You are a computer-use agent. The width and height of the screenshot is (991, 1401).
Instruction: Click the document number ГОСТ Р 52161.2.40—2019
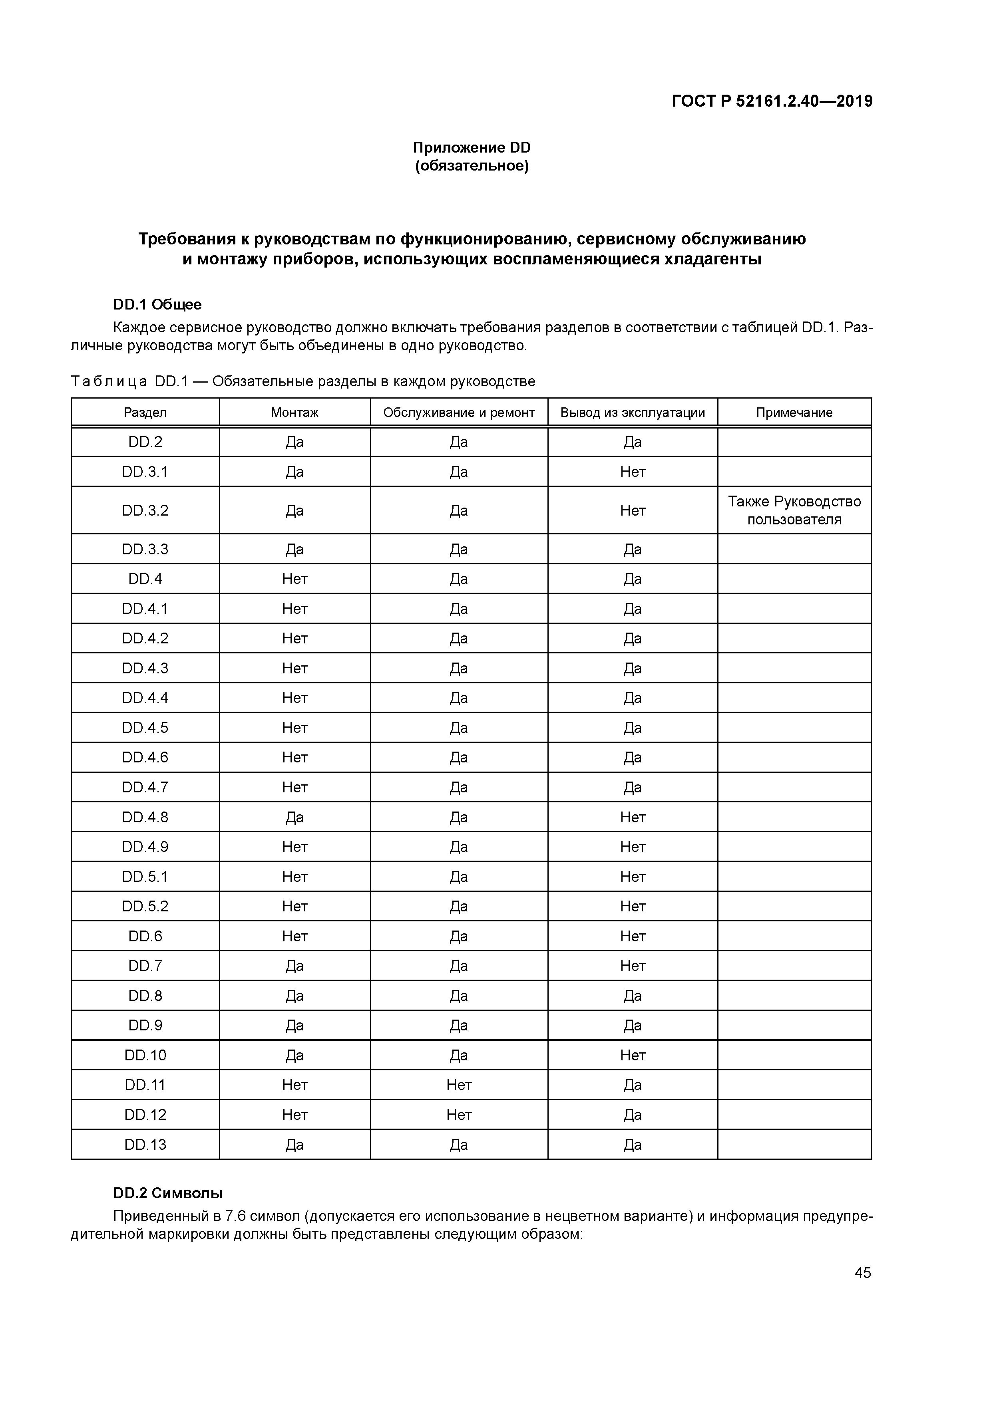pos(772,101)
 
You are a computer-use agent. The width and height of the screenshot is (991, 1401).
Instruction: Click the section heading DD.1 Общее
pos(157,304)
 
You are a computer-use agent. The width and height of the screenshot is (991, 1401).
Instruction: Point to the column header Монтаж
pos(295,413)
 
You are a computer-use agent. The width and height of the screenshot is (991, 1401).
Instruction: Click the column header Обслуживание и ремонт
pos(459,413)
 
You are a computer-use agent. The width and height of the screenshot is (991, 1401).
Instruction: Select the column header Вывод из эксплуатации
pos(633,413)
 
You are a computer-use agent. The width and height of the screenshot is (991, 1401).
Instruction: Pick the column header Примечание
pos(794,413)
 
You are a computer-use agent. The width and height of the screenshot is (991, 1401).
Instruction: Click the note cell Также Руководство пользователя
pos(794,510)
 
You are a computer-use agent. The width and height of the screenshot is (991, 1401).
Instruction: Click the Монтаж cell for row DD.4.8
pos(295,817)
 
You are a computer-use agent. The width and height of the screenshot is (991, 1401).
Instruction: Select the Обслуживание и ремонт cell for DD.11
pos(459,1085)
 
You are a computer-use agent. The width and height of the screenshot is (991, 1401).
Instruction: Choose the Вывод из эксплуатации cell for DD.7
pos(633,966)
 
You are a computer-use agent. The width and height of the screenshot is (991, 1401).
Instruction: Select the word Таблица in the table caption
pos(109,381)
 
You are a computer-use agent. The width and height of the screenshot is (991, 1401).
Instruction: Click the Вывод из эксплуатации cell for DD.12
pos(633,1115)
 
